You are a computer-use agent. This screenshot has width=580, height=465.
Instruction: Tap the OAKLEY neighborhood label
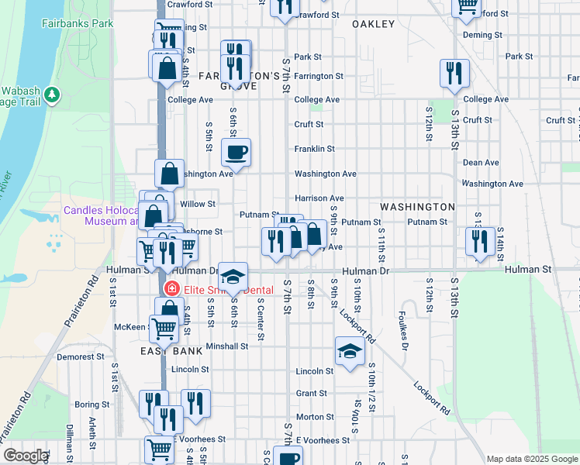373,24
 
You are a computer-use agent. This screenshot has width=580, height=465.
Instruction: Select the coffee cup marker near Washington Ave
236,152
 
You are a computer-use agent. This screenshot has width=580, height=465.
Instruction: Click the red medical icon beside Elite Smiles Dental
171,290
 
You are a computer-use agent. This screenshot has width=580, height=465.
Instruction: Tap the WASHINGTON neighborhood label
417,207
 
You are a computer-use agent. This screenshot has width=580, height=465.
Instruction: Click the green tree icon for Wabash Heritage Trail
53,95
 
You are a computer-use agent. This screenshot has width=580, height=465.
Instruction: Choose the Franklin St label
314,149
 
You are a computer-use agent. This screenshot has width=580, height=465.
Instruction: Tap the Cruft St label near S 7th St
308,124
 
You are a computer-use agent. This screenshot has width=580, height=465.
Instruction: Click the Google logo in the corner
26,456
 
